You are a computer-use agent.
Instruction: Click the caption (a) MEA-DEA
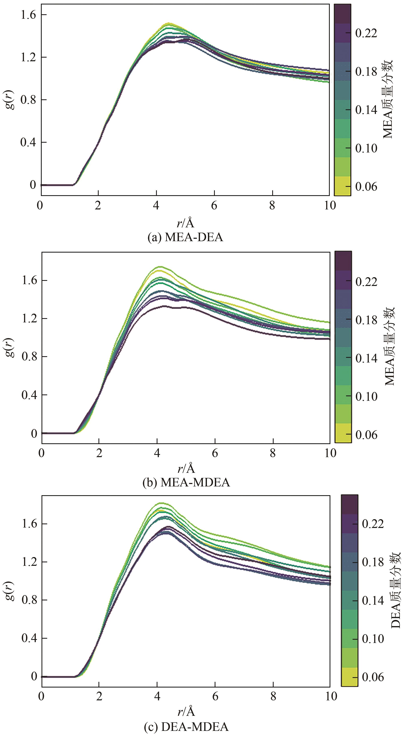click(x=185, y=238)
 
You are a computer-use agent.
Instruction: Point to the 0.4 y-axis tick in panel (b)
click(x=29, y=395)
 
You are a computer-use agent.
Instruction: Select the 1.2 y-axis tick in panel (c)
click(x=29, y=562)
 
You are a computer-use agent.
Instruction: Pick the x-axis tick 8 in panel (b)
click(x=273, y=453)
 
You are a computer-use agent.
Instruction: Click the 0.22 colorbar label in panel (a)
click(x=366, y=33)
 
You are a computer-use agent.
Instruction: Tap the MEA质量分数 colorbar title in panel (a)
click(x=388, y=99)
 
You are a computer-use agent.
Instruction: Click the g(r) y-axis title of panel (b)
click(x=11, y=347)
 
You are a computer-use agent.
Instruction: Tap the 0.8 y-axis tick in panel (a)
click(x=28, y=100)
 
